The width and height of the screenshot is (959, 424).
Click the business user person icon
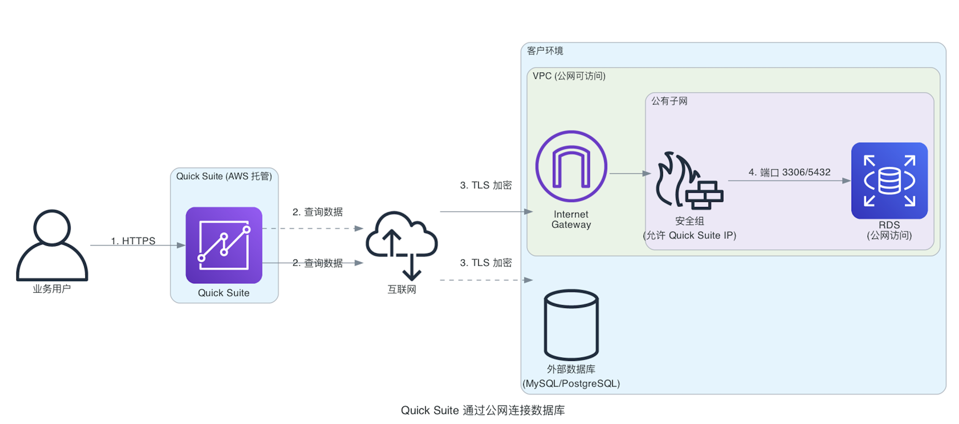(52, 245)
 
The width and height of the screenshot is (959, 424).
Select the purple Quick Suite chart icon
(223, 245)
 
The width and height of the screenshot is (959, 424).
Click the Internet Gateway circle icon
(571, 166)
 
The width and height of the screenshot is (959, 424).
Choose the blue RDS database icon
(889, 181)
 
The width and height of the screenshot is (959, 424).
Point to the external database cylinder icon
(571, 325)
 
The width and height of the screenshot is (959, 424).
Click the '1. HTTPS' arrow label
(133, 241)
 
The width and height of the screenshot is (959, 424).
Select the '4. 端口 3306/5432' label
(789, 172)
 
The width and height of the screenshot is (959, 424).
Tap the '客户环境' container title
(545, 51)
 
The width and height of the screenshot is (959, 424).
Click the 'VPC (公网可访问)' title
(569, 76)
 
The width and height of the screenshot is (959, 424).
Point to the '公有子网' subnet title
(669, 101)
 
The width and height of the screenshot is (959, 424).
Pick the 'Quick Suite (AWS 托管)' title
(224, 176)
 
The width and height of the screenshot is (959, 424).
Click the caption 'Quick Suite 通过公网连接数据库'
(482, 410)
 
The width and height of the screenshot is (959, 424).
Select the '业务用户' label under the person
(52, 289)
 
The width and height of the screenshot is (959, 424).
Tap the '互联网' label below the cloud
(402, 290)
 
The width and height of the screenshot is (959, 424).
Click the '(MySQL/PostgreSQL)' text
(571, 384)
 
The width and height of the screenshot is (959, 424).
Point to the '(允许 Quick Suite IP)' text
(689, 235)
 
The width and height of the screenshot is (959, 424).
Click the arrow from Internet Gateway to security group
(629, 173)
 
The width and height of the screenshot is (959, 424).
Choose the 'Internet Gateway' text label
(571, 219)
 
